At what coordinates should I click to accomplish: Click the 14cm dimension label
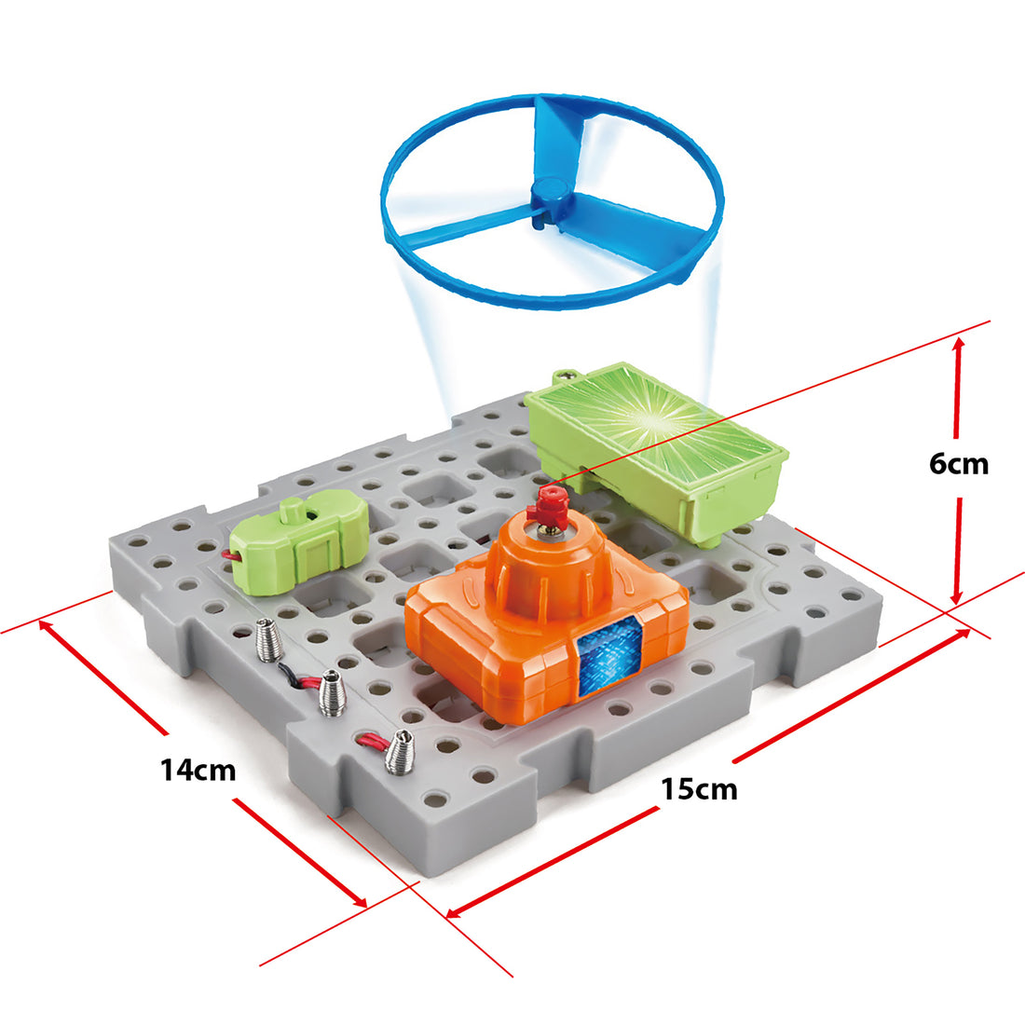pyautogui.click(x=198, y=771)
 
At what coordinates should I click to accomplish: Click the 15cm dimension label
pyautogui.click(x=699, y=789)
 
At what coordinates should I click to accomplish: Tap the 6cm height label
pyautogui.click(x=959, y=463)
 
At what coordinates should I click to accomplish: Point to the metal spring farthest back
pyautogui.click(x=266, y=642)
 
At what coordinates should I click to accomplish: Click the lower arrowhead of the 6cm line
pyautogui.click(x=957, y=596)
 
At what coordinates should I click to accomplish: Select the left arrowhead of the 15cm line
pyautogui.click(x=453, y=911)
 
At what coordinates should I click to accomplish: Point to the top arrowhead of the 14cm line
pyautogui.click(x=45, y=626)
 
